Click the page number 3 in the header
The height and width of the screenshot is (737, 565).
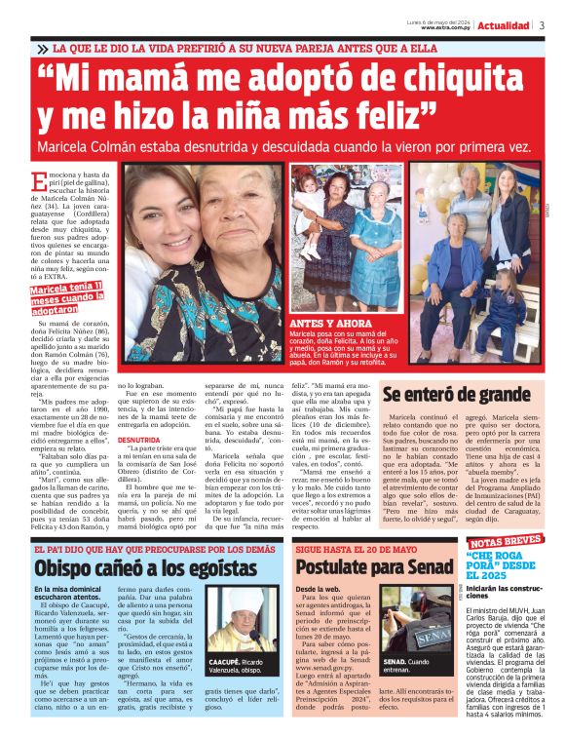[542, 25]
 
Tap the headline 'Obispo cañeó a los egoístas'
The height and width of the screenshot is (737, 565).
[132, 569]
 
